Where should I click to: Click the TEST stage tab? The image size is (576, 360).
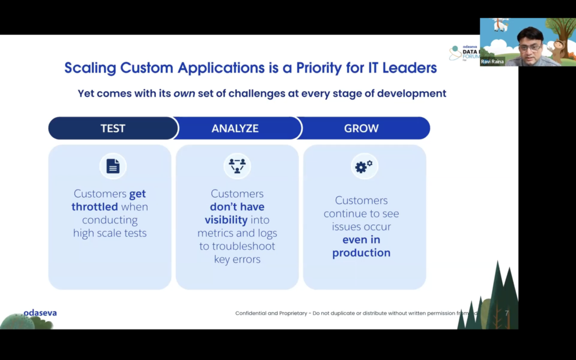(112, 128)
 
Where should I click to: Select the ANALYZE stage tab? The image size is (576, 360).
(235, 128)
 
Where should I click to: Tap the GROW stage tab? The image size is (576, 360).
(361, 128)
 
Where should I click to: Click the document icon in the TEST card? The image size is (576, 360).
(113, 166)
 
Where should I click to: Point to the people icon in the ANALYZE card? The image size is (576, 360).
(237, 166)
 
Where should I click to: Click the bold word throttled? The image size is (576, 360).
(94, 207)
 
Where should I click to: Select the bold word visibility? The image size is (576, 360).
(226, 220)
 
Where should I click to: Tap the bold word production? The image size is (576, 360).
(361, 253)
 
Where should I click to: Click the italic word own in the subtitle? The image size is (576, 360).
(184, 93)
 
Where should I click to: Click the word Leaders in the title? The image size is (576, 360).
(409, 68)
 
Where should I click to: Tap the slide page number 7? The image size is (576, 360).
(507, 313)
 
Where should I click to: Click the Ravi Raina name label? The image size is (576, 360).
(492, 62)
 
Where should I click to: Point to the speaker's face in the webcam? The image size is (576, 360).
(529, 44)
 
